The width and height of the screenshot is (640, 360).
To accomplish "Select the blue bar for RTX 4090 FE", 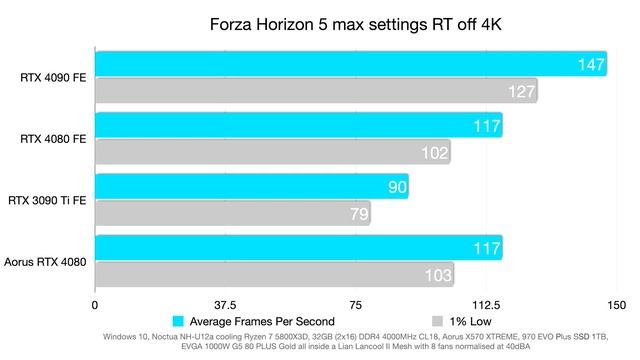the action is coord(351,64).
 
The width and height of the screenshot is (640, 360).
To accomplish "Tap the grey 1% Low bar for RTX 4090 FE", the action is coord(317,91).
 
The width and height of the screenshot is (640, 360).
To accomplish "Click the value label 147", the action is coord(591,64).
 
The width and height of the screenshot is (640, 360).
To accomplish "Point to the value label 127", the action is coord(522,91).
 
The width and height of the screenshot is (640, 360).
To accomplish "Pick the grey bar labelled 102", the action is coord(273,152).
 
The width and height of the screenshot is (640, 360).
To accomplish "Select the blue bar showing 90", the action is coord(252,187).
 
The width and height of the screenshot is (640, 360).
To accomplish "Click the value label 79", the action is coord(359,214).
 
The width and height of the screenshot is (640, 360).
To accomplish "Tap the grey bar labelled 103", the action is coord(275,274).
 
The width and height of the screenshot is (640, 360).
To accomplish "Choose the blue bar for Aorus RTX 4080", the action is coord(299,248).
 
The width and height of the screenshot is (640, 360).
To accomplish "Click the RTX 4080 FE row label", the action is coord(53,139).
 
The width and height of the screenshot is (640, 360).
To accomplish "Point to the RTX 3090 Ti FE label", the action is coord(47,200).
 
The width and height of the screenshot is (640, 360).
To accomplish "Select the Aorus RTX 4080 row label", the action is coord(45,262).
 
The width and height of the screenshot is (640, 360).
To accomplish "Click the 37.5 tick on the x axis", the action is coord(225,305).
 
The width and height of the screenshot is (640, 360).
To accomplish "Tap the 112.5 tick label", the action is coord(486,305).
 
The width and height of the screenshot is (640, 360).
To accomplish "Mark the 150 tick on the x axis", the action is coord(616,305).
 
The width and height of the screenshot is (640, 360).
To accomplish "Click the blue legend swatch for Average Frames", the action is coord(178,321).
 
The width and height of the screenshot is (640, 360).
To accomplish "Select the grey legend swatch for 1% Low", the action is coord(437,321).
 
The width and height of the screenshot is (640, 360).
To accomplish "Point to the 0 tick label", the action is coord(95,305).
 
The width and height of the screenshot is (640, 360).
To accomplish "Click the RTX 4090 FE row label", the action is coord(53,78).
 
